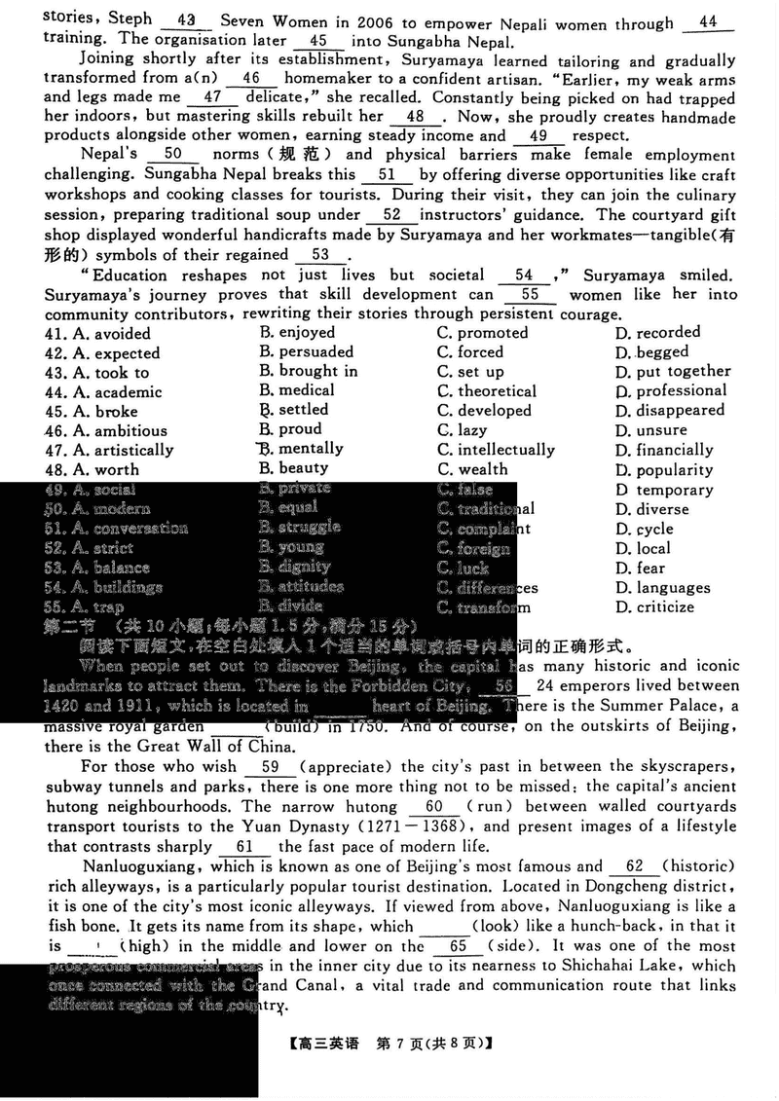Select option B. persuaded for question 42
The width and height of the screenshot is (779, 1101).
307,351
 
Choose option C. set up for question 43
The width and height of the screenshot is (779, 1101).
470,372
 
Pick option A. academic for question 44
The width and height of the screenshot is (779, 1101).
104,392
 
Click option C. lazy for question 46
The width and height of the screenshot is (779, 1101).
463,430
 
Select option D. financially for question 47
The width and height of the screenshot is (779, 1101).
664,450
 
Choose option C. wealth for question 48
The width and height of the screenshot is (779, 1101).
472,469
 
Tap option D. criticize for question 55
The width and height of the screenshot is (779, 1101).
654,607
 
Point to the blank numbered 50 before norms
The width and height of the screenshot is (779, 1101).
174,154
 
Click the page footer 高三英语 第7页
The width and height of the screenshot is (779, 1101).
389,1044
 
